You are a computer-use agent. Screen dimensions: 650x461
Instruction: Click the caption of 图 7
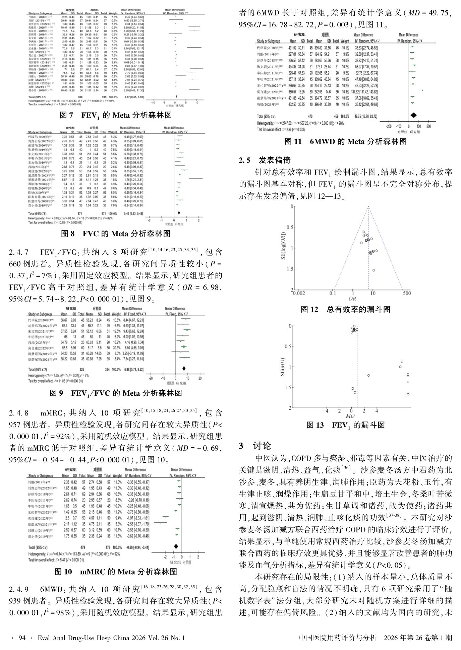tap(115, 115)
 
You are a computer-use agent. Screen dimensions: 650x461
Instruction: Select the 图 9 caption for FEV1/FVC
tap(116, 393)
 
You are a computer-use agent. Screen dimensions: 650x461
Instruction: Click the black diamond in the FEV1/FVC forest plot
tap(183, 368)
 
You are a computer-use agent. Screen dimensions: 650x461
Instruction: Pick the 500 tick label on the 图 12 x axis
tap(406, 293)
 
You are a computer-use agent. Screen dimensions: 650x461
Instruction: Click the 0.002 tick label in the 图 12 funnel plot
tap(299, 293)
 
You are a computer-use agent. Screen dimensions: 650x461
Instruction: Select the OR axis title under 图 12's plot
tap(352, 299)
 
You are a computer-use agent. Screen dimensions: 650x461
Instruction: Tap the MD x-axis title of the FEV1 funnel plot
tap(350, 416)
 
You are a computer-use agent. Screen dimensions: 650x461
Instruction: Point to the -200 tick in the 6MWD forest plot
tap(389, 127)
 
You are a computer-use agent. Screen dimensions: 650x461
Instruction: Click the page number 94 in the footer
tap(22, 638)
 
